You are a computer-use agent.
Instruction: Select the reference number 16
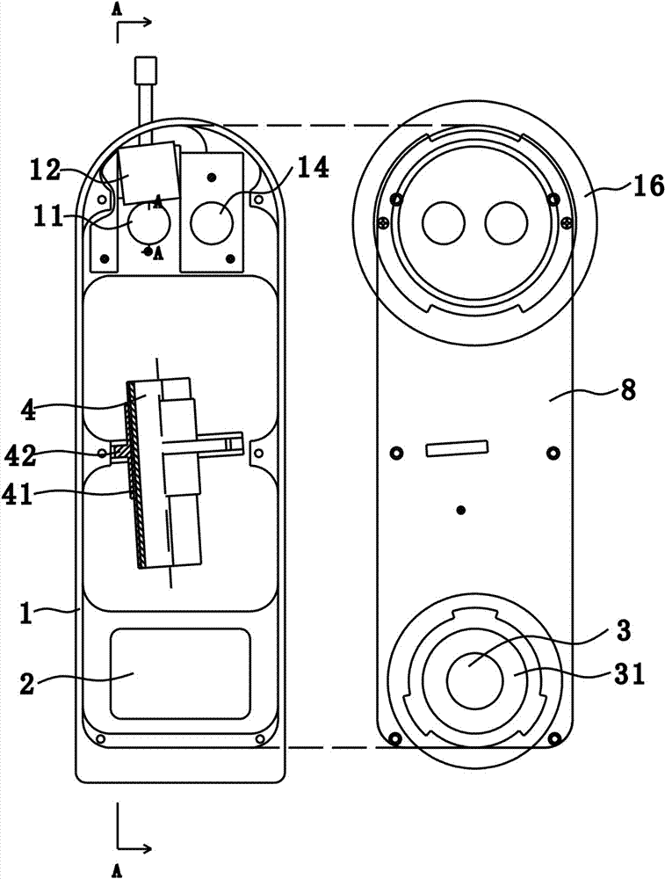pyautogui.click(x=649, y=185)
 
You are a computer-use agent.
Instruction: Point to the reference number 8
pyautogui.click(x=629, y=391)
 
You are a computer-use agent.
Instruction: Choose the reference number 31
pyautogui.click(x=629, y=674)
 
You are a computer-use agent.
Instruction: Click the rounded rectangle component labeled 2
pyautogui.click(x=180, y=674)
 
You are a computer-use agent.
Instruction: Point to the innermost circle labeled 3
pyautogui.click(x=475, y=680)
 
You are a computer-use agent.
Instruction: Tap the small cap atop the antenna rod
pyautogui.click(x=145, y=69)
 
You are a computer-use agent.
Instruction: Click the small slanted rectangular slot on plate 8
pyautogui.click(x=457, y=448)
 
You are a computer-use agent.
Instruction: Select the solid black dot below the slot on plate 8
pyautogui.click(x=461, y=510)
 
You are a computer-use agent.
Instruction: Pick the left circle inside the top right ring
pyautogui.click(x=444, y=223)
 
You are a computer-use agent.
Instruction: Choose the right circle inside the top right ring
pyautogui.click(x=506, y=223)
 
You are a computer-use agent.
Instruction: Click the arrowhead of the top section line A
pyautogui.click(x=145, y=23)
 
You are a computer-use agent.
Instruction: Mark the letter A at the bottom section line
pyautogui.click(x=117, y=870)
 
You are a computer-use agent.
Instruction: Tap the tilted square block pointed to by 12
pyautogui.click(x=150, y=172)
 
